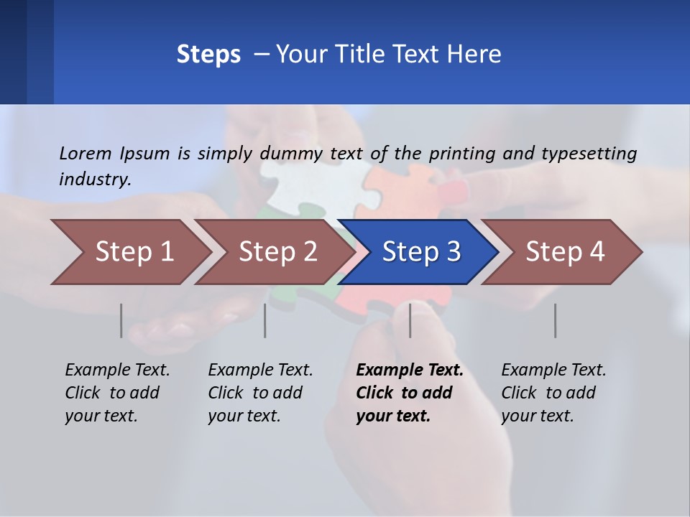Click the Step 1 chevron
[x=133, y=252]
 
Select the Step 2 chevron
[x=277, y=252]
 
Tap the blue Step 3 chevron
[x=420, y=252]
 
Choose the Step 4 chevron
[x=564, y=252]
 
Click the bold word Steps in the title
[x=208, y=54]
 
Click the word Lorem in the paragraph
[x=86, y=153]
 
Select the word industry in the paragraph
[x=95, y=179]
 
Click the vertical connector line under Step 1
[x=121, y=320]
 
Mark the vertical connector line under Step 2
[x=265, y=320]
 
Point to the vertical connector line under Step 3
[x=410, y=320]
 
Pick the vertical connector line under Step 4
[x=555, y=320]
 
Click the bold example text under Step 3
[x=409, y=393]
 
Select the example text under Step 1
[x=117, y=393]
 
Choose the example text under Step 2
[x=260, y=393]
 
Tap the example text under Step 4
[x=553, y=393]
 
